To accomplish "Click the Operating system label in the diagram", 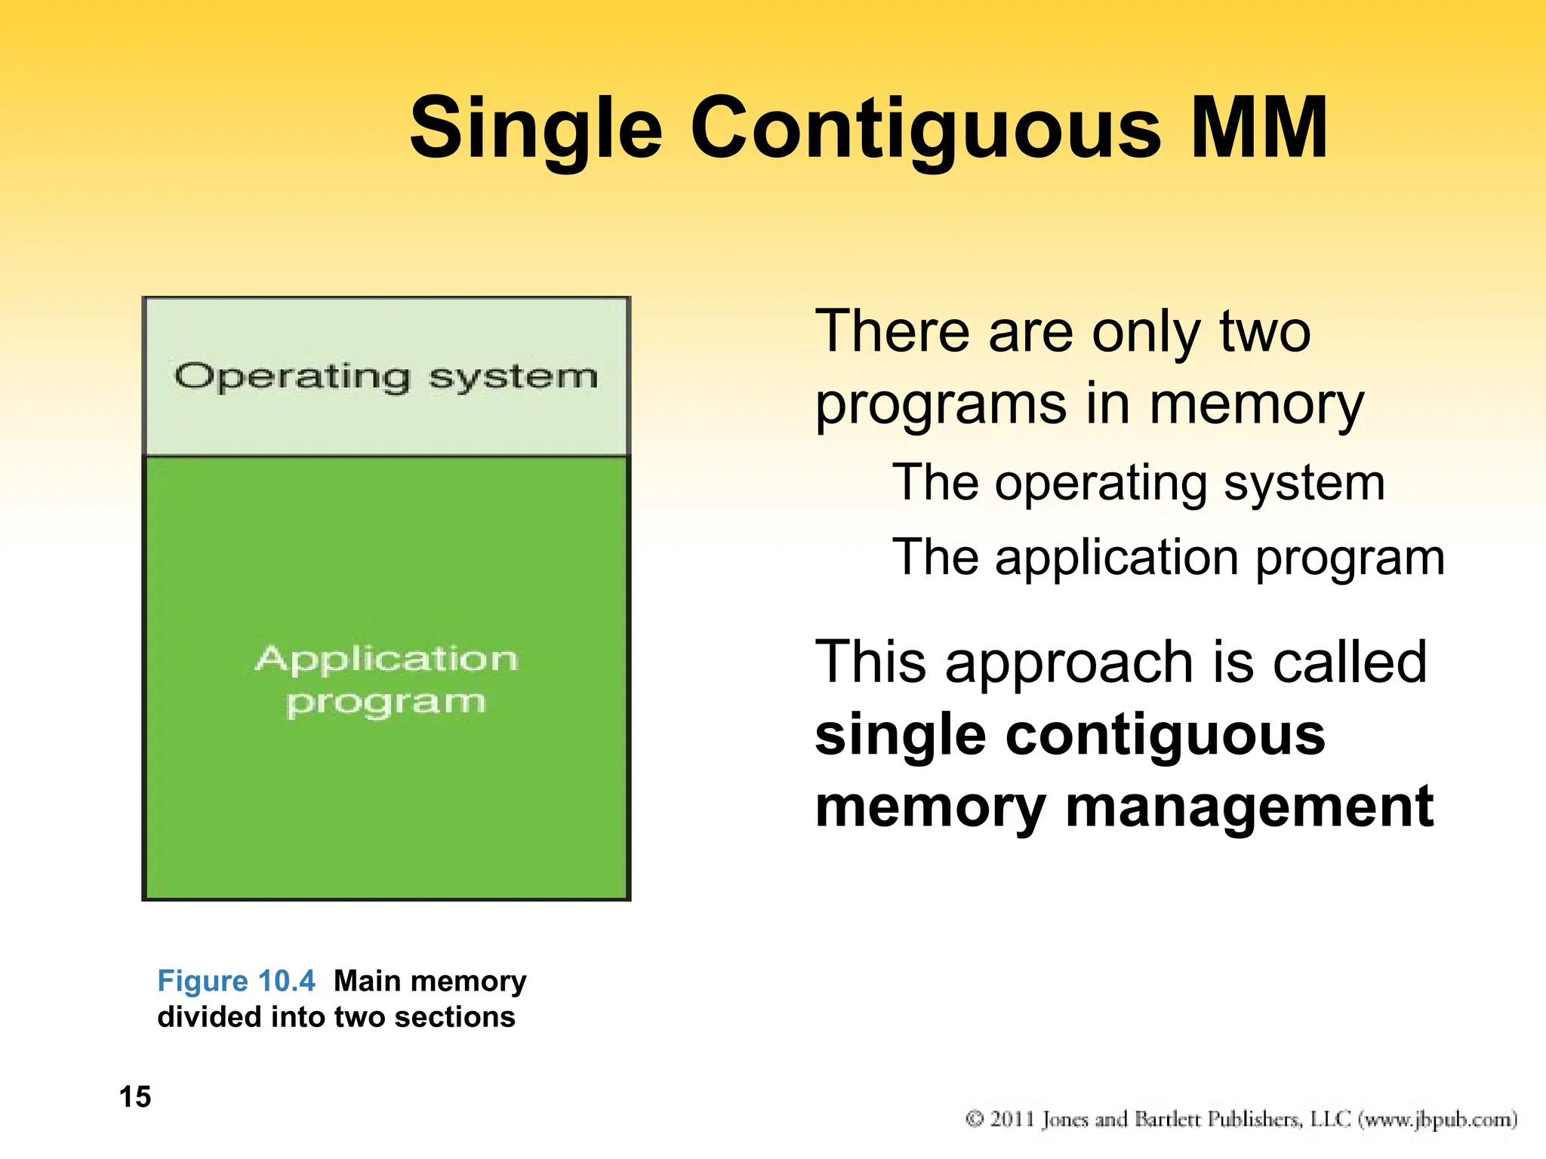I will tap(386, 377).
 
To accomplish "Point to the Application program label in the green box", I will tap(386, 680).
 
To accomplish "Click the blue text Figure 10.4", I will tap(236, 981).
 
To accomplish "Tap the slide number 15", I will tap(135, 1097).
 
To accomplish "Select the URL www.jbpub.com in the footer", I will tap(1437, 1119).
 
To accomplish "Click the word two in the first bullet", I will tap(1265, 332).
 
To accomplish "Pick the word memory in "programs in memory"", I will tap(1256, 405).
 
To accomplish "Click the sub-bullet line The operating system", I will tap(1138, 483).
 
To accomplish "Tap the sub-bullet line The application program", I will tap(1168, 558).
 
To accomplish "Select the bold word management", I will tap(1249, 807).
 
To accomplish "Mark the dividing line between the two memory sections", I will tap(386, 455).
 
